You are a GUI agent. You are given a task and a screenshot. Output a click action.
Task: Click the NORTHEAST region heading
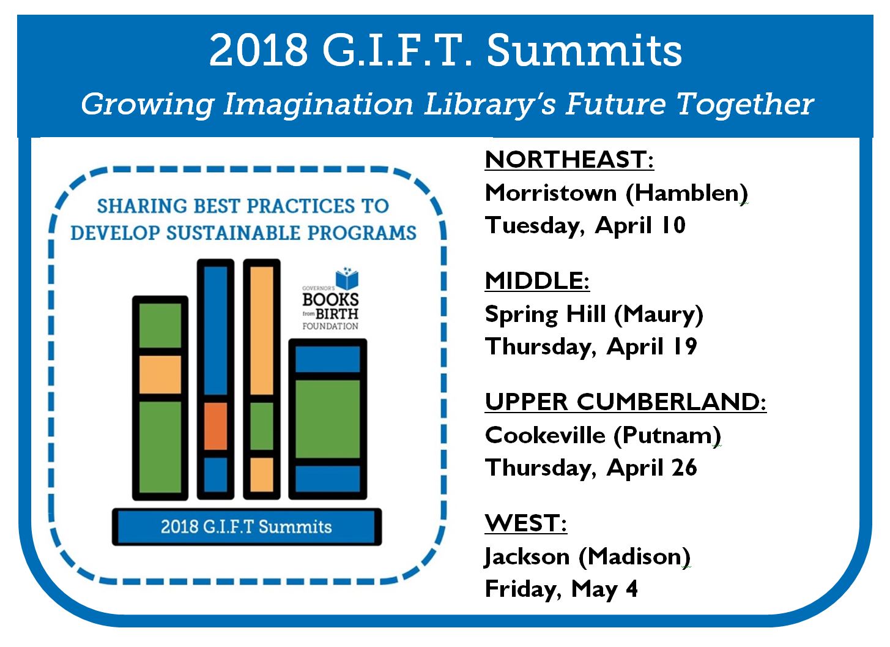569,160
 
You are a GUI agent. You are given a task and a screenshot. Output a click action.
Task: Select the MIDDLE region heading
537,281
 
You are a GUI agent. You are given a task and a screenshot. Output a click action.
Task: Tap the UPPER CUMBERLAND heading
626,402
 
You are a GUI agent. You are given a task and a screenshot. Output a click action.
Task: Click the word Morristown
551,193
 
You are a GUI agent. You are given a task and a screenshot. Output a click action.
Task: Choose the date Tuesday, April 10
585,225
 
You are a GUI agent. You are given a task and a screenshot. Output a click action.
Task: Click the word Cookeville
545,435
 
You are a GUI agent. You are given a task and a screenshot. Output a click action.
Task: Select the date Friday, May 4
561,589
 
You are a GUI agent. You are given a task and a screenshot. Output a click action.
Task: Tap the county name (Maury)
658,315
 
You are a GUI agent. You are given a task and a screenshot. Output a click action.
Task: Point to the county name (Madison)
634,557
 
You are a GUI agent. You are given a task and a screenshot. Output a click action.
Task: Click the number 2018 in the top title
259,51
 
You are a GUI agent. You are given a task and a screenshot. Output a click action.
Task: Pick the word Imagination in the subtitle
318,104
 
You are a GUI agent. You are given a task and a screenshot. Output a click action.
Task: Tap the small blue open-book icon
346,278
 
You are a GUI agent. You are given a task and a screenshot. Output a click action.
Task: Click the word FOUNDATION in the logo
330,326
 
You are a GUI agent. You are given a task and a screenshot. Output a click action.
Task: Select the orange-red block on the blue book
215,426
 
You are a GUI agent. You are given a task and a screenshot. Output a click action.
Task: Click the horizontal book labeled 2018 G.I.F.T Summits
247,526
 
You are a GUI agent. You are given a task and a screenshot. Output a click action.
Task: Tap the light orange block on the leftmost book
160,375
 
